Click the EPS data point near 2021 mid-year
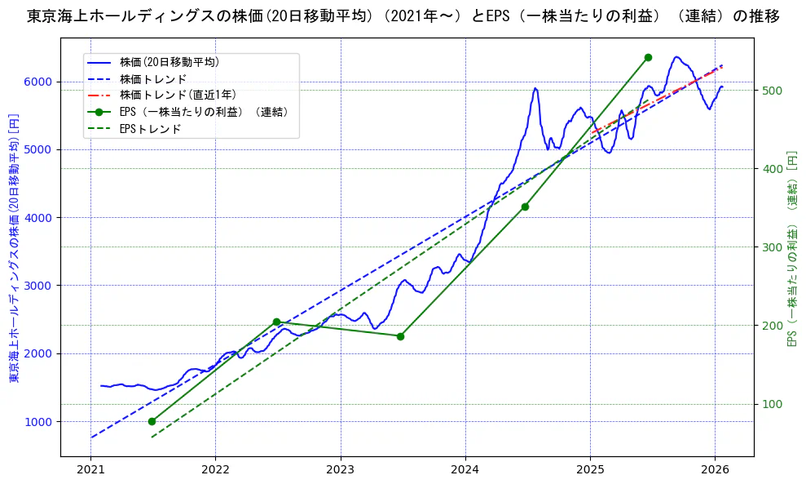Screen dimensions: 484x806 coord(152,421)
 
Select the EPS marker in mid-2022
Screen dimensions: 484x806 coord(276,322)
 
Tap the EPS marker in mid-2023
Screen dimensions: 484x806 coord(400,336)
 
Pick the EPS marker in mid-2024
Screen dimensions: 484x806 coord(525,206)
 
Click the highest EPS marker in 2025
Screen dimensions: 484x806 coord(648,57)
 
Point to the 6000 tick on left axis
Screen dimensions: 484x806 coord(41,82)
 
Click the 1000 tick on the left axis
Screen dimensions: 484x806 coord(41,422)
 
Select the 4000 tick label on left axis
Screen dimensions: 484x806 coord(41,218)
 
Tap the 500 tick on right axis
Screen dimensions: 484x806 coord(769,91)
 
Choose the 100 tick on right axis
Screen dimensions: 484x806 coord(769,404)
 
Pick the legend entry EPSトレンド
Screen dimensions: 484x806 coord(150,129)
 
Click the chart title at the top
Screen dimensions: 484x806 coord(403,16)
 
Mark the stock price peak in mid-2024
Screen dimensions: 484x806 coord(535,88)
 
